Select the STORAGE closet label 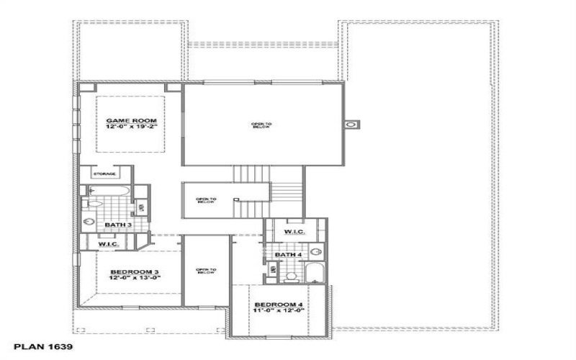click(x=104, y=174)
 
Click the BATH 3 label click(x=117, y=225)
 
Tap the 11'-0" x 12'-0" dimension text click(x=279, y=312)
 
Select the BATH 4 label click(x=288, y=255)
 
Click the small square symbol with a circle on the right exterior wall click(x=350, y=125)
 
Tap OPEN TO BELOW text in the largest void click(x=261, y=126)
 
